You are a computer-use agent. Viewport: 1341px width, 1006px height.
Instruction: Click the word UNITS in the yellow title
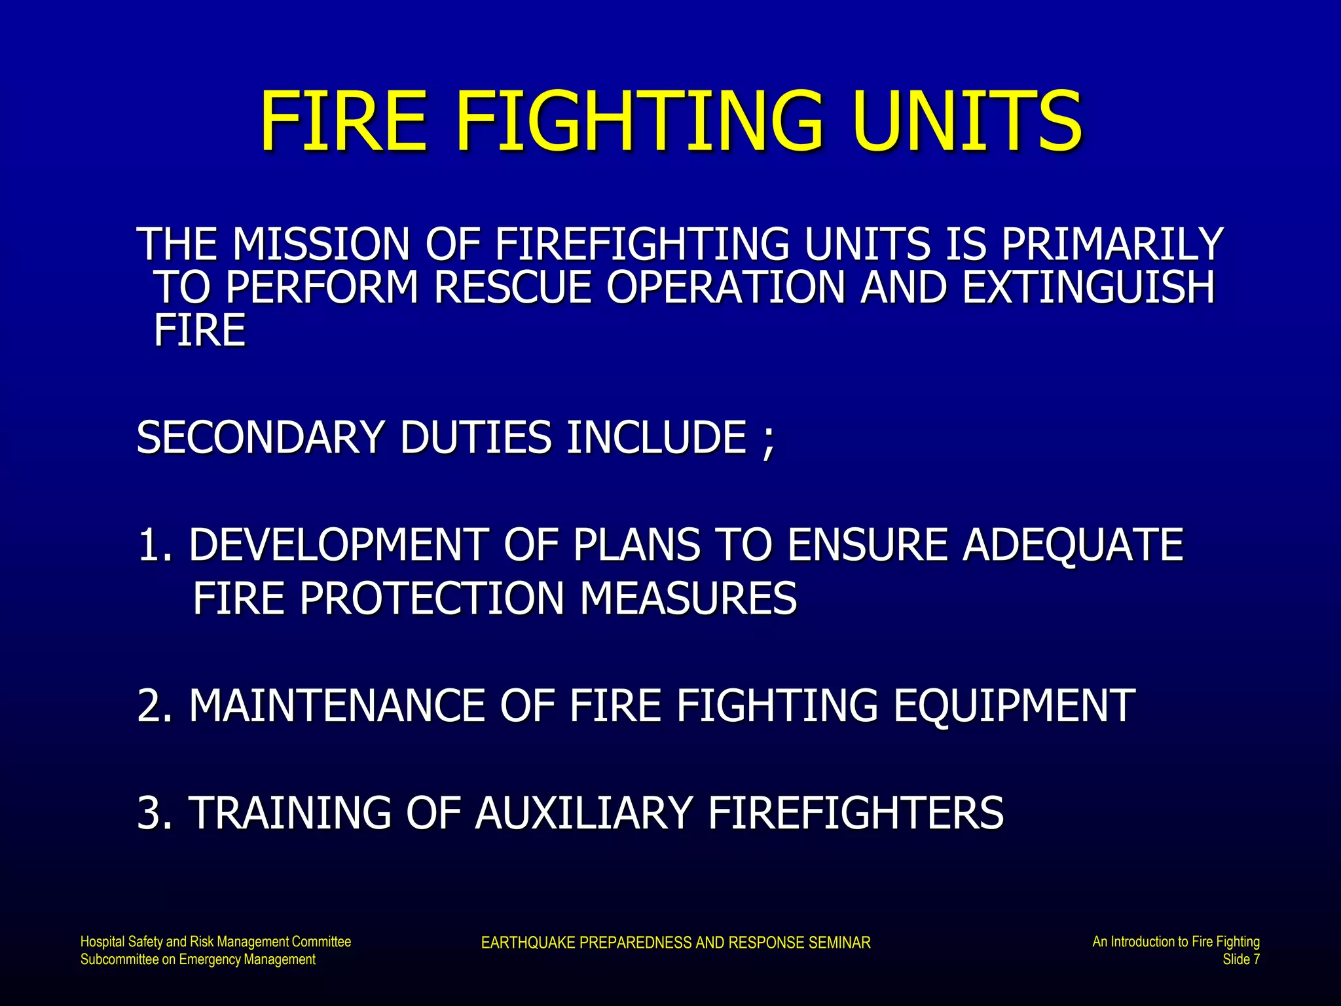pyautogui.click(x=967, y=121)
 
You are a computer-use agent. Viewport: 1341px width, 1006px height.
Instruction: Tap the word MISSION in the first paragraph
pyautogui.click(x=321, y=244)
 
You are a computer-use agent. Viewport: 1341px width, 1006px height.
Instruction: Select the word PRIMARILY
pyautogui.click(x=1111, y=244)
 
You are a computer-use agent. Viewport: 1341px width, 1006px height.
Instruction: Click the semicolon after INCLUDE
pyautogui.click(x=769, y=440)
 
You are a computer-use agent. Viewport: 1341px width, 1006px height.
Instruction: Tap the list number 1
pyautogui.click(x=151, y=545)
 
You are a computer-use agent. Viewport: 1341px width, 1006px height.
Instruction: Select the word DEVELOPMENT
pyautogui.click(x=338, y=545)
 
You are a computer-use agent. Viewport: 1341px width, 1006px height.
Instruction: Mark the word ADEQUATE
pyautogui.click(x=1073, y=545)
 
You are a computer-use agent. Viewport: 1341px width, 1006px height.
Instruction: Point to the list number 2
pyautogui.click(x=151, y=706)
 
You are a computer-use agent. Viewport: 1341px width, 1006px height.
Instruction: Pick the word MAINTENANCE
pyautogui.click(x=337, y=706)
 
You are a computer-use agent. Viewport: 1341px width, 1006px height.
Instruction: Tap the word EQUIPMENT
pyautogui.click(x=1014, y=706)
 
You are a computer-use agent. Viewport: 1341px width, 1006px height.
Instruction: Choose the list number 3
pyautogui.click(x=151, y=813)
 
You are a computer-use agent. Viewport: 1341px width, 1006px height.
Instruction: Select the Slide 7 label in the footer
pyautogui.click(x=1241, y=959)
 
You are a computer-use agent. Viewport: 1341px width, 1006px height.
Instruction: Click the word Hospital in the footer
pyautogui.click(x=103, y=942)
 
